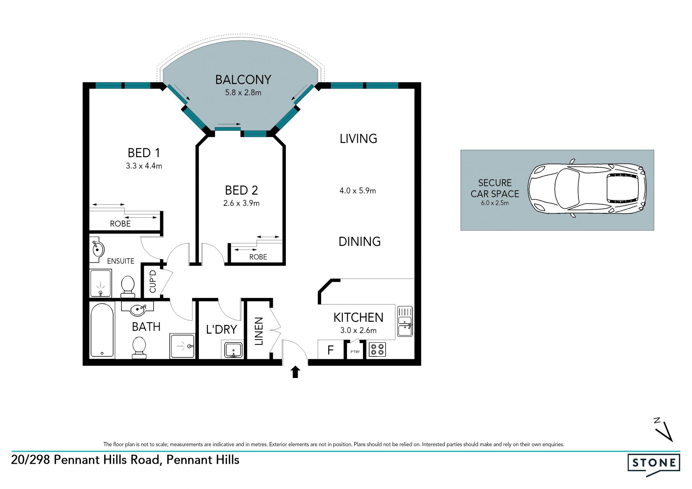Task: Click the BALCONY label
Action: coord(243,80)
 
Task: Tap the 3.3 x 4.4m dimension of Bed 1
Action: coord(144,166)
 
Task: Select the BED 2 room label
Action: coord(241,190)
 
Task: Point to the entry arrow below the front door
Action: coord(296,372)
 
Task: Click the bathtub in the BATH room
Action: coord(102,330)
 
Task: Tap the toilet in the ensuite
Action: coord(128,286)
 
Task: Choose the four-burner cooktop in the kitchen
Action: coord(377,349)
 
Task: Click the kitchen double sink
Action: coord(405,321)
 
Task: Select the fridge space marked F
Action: coord(331,350)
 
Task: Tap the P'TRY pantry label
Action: coord(355,352)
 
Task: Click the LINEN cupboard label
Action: coord(259,331)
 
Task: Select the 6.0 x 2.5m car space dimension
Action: coord(495,203)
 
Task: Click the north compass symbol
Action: coord(664,429)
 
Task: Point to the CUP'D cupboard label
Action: coord(153,281)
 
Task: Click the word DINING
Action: coord(359,241)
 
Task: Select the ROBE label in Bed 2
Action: coord(258,257)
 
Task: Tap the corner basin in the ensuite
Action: coord(97,248)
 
